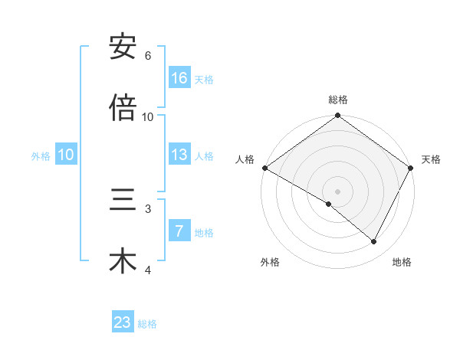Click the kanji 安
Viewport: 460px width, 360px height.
[x=123, y=47]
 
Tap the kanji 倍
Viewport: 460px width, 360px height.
[x=123, y=109]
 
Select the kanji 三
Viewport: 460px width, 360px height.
[x=123, y=200]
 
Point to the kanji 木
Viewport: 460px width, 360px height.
[x=123, y=261]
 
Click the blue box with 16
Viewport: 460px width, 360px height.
[x=179, y=78]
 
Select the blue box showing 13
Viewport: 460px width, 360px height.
[x=179, y=155]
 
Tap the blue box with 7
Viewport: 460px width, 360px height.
[x=179, y=231]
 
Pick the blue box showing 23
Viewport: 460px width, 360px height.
[x=123, y=322]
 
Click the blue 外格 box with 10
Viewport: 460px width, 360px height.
[x=66, y=155]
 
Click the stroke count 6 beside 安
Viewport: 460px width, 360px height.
[x=148, y=56]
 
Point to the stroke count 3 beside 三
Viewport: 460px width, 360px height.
[x=148, y=208]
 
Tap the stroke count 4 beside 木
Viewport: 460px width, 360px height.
[x=148, y=270]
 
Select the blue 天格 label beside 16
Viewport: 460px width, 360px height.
[x=204, y=79]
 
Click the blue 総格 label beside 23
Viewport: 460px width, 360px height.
[x=147, y=323]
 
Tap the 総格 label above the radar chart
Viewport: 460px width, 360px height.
[x=338, y=100]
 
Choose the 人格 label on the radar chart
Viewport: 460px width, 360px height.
[x=245, y=159]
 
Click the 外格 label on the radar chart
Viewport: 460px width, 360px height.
[x=270, y=263]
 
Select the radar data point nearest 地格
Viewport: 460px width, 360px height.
[x=374, y=242]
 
